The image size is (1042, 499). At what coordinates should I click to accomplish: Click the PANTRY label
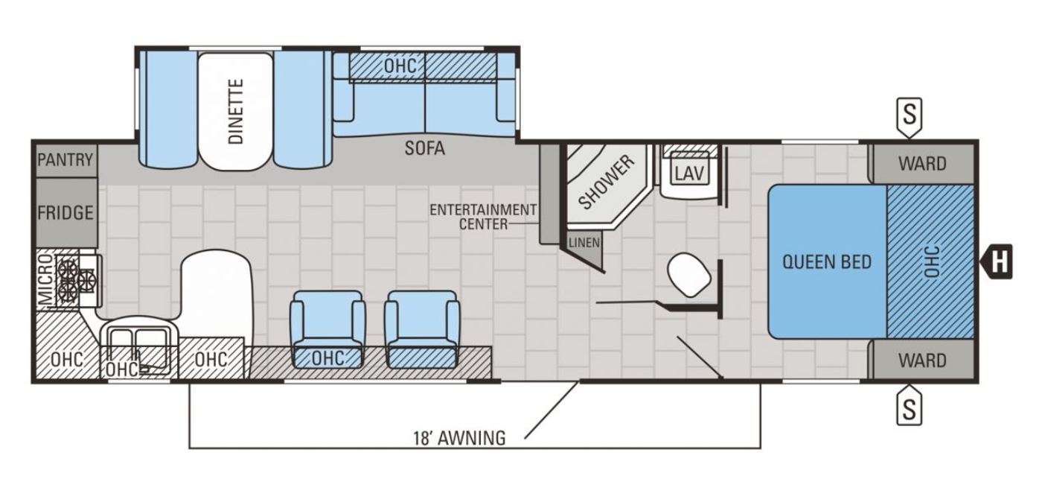(65, 160)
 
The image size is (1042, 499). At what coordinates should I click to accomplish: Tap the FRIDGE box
(66, 213)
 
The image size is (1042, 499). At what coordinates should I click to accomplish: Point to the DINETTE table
(235, 111)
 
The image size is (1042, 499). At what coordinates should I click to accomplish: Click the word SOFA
(425, 148)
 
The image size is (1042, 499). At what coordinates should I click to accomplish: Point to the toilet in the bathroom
(689, 275)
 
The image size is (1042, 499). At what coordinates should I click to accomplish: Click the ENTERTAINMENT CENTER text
(483, 217)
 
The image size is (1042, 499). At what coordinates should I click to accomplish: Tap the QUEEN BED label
(827, 262)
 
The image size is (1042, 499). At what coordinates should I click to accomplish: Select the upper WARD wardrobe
(922, 164)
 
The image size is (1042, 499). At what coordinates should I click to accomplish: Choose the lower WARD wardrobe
(922, 360)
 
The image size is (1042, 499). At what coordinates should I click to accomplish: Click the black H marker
(997, 261)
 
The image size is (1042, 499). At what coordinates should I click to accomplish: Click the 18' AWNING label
(460, 438)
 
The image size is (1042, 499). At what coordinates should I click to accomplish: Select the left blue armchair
(327, 329)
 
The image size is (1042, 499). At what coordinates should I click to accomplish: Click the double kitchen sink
(138, 345)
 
